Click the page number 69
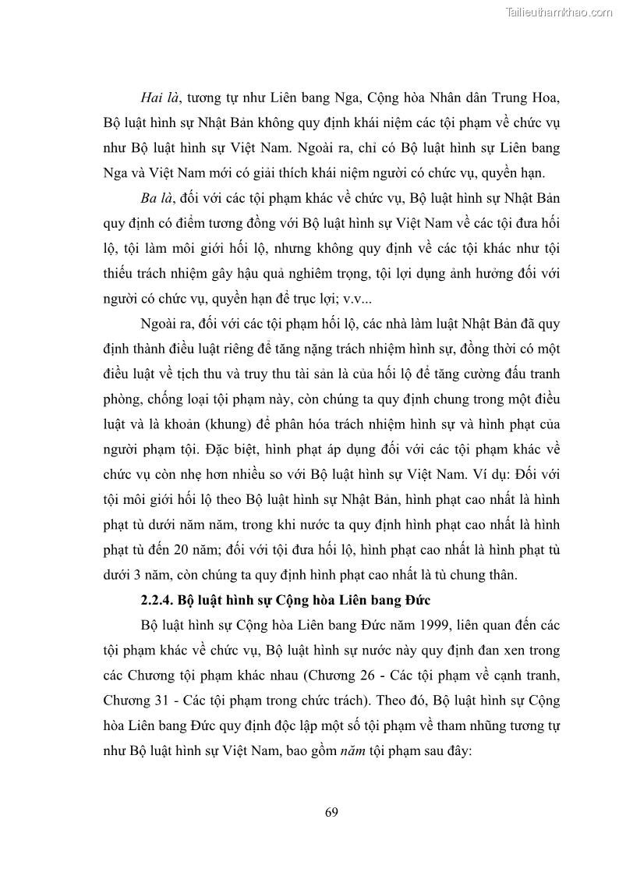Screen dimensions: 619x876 (x=331, y=813)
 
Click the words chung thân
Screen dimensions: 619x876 (x=483, y=576)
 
